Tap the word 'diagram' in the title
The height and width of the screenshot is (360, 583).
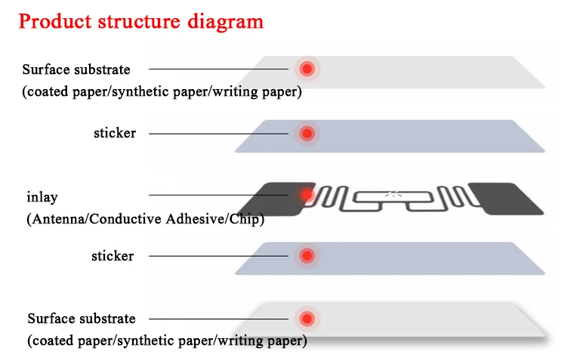click(x=227, y=20)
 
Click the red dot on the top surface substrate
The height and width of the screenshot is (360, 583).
click(x=307, y=69)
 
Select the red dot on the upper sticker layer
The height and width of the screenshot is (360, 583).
click(x=307, y=134)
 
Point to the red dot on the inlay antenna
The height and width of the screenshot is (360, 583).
click(x=307, y=195)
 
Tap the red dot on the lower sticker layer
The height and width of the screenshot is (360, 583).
click(x=307, y=256)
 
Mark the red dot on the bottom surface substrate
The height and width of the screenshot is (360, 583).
click(x=307, y=318)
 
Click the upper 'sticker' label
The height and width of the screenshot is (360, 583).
click(x=115, y=134)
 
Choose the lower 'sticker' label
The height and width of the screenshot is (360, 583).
click(x=113, y=256)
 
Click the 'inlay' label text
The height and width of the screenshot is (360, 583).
click(x=42, y=197)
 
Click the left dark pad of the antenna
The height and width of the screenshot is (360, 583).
click(x=272, y=198)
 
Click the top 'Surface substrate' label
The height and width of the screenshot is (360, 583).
click(x=76, y=69)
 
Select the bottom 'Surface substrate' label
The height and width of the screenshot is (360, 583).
click(x=82, y=318)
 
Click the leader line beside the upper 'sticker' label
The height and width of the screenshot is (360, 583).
click(x=218, y=134)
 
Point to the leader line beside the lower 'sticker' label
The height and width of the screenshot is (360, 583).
click(x=218, y=256)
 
